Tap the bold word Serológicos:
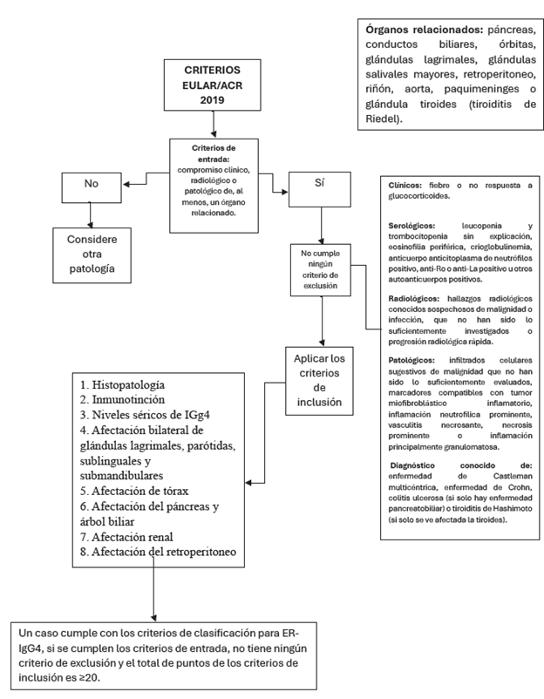point(409,226)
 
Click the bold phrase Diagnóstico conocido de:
point(436,465)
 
